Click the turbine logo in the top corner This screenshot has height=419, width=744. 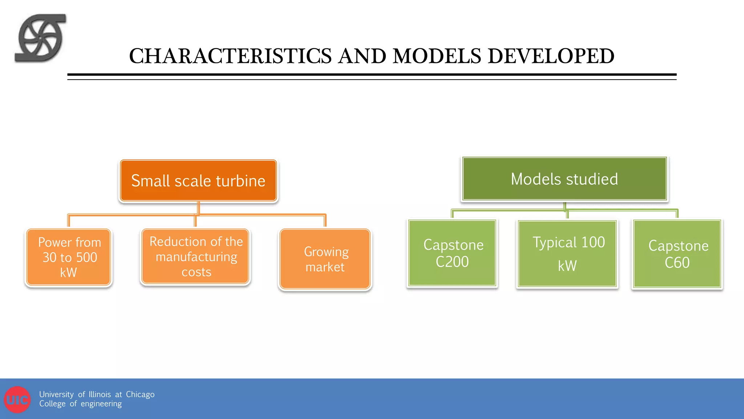40,38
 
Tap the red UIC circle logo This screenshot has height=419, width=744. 17,400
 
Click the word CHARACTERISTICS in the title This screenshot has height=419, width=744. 230,56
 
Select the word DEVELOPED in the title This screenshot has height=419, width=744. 551,56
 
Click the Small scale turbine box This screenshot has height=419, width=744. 198,181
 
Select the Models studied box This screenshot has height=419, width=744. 564,179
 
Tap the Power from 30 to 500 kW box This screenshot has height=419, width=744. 69,257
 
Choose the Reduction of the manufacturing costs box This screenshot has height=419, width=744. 196,257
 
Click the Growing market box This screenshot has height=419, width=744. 325,259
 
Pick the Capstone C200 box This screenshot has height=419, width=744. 452,253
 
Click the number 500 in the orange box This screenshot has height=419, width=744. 86,258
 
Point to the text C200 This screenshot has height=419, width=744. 452,262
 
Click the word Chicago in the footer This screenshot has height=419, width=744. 140,395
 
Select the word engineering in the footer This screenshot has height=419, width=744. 101,404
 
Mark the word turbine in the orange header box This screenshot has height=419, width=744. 240,181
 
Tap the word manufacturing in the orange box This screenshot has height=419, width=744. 197,257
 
